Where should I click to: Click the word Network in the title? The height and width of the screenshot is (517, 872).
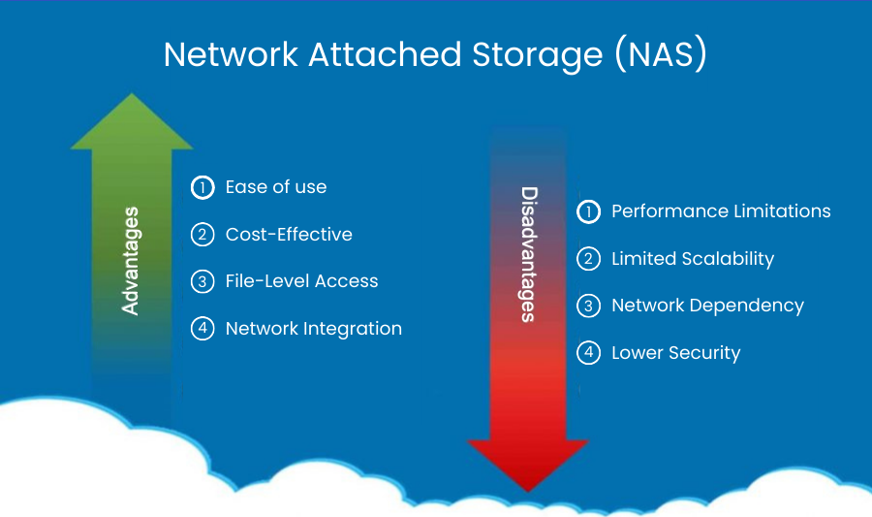pyautogui.click(x=231, y=54)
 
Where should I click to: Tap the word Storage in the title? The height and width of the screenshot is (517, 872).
pyautogui.click(x=525, y=54)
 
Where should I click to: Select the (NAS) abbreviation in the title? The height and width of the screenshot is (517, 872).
pyautogui.click(x=661, y=54)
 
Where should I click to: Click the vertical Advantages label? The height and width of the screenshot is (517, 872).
pyautogui.click(x=131, y=260)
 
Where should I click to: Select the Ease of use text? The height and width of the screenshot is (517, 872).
pyautogui.click(x=276, y=187)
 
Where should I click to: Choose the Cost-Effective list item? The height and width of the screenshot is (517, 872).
pyautogui.click(x=289, y=235)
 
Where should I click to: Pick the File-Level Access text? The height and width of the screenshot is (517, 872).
pyautogui.click(x=301, y=281)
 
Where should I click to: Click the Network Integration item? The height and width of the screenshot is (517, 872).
pyautogui.click(x=313, y=329)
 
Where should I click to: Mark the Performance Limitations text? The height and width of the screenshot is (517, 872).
pyautogui.click(x=721, y=211)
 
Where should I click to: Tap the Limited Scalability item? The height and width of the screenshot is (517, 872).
pyautogui.click(x=693, y=259)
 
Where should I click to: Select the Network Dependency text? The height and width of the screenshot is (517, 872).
pyautogui.click(x=707, y=306)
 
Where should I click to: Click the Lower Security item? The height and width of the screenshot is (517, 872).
pyautogui.click(x=675, y=353)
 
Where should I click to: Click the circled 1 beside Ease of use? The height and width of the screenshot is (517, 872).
pyautogui.click(x=202, y=187)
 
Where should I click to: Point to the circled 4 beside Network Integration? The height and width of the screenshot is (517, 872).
pyautogui.click(x=202, y=329)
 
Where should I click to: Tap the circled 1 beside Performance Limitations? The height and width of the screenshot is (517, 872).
pyautogui.click(x=588, y=211)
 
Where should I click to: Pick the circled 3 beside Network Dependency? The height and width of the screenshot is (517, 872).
pyautogui.click(x=588, y=306)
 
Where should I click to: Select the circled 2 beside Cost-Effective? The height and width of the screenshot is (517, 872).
pyautogui.click(x=202, y=235)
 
